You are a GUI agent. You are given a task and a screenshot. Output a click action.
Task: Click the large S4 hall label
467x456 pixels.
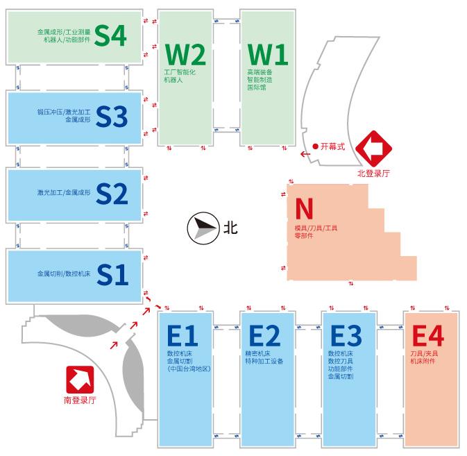111,36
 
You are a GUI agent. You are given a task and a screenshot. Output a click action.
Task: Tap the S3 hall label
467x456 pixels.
112,117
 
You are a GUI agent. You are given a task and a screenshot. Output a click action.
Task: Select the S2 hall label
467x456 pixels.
112,194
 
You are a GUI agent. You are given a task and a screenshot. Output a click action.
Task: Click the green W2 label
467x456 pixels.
185,53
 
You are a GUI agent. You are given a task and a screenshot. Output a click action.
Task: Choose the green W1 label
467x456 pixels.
267,53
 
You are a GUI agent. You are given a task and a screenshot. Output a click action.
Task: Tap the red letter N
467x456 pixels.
305,208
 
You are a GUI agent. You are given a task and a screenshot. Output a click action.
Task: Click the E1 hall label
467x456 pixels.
182,336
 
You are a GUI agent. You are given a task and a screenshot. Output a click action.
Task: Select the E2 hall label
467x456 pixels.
264,336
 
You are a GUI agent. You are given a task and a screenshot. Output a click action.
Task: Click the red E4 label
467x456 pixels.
427,336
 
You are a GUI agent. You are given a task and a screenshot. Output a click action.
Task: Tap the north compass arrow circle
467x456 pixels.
201,228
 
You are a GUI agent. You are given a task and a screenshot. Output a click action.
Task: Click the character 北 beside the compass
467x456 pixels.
230,228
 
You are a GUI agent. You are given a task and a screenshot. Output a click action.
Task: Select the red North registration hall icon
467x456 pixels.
374,146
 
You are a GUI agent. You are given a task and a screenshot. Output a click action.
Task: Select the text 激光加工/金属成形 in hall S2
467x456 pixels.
65,192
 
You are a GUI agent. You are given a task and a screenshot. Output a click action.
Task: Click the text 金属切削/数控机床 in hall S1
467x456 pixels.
65,273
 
